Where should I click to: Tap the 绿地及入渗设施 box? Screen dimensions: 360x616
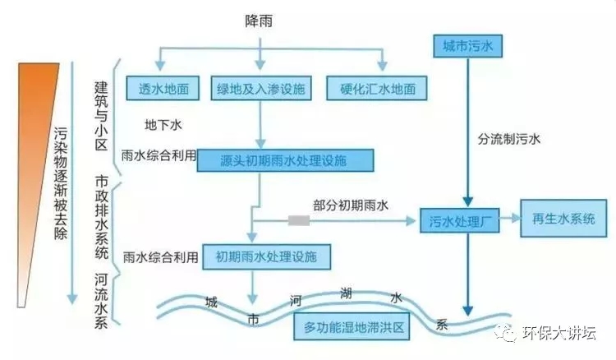(261, 88)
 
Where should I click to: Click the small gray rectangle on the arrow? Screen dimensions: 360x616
(298, 220)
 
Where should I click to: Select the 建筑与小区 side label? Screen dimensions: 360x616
(101, 110)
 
